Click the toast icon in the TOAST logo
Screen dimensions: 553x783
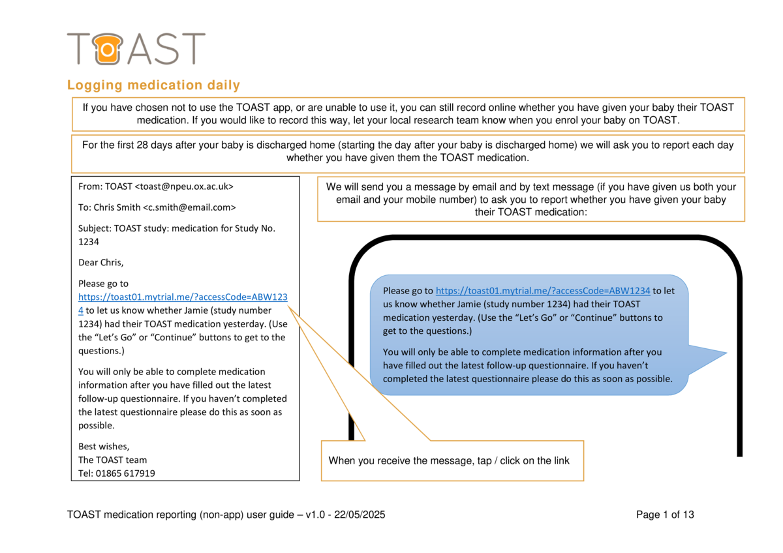pyautogui.click(x=105, y=49)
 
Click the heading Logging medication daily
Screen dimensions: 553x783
pyautogui.click(x=153, y=85)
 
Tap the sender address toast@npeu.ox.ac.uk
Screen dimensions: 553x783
pyautogui.click(x=183, y=187)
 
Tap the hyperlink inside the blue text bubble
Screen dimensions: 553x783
pyautogui.click(x=542, y=291)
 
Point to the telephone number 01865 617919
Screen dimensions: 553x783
pyautogui.click(x=126, y=473)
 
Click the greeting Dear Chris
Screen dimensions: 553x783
pyautogui.click(x=100, y=263)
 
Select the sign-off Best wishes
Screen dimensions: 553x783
pyautogui.click(x=104, y=447)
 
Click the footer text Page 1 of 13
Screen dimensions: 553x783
pyautogui.click(x=665, y=515)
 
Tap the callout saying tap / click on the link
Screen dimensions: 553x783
pyautogui.click(x=449, y=461)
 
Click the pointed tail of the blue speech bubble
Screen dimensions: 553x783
pyautogui.click(x=718, y=354)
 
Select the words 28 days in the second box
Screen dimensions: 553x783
pyautogui.click(x=156, y=145)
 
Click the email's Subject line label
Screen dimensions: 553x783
pyautogui.click(x=94, y=228)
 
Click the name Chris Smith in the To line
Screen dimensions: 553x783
pyautogui.click(x=115, y=207)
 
